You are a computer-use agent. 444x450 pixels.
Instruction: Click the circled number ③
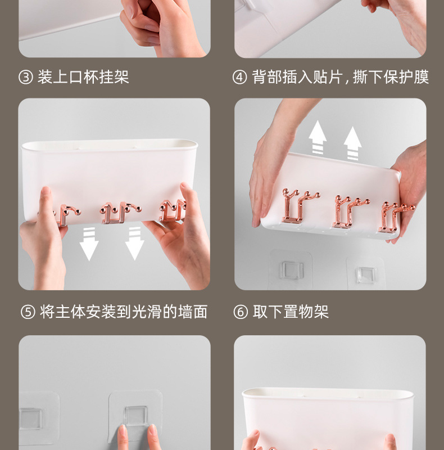26,77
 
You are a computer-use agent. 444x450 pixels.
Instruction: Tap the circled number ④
239,77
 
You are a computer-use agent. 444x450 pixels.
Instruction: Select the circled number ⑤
28,312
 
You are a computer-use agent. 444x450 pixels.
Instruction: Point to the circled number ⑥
241,312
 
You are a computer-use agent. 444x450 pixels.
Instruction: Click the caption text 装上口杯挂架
83,77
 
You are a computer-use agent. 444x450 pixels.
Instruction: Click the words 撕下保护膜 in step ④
391,77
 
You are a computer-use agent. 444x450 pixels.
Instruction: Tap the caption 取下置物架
291,312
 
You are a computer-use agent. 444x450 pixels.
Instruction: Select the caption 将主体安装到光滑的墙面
124,312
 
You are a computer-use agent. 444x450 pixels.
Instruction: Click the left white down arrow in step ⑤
89,244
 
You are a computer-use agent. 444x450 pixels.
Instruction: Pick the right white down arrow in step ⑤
134,244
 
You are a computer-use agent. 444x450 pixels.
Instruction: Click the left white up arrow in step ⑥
318,137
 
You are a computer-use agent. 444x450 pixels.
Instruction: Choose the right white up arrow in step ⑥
352,143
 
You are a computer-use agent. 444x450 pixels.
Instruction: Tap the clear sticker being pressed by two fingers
135,416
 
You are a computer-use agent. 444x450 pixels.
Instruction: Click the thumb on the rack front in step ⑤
46,202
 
